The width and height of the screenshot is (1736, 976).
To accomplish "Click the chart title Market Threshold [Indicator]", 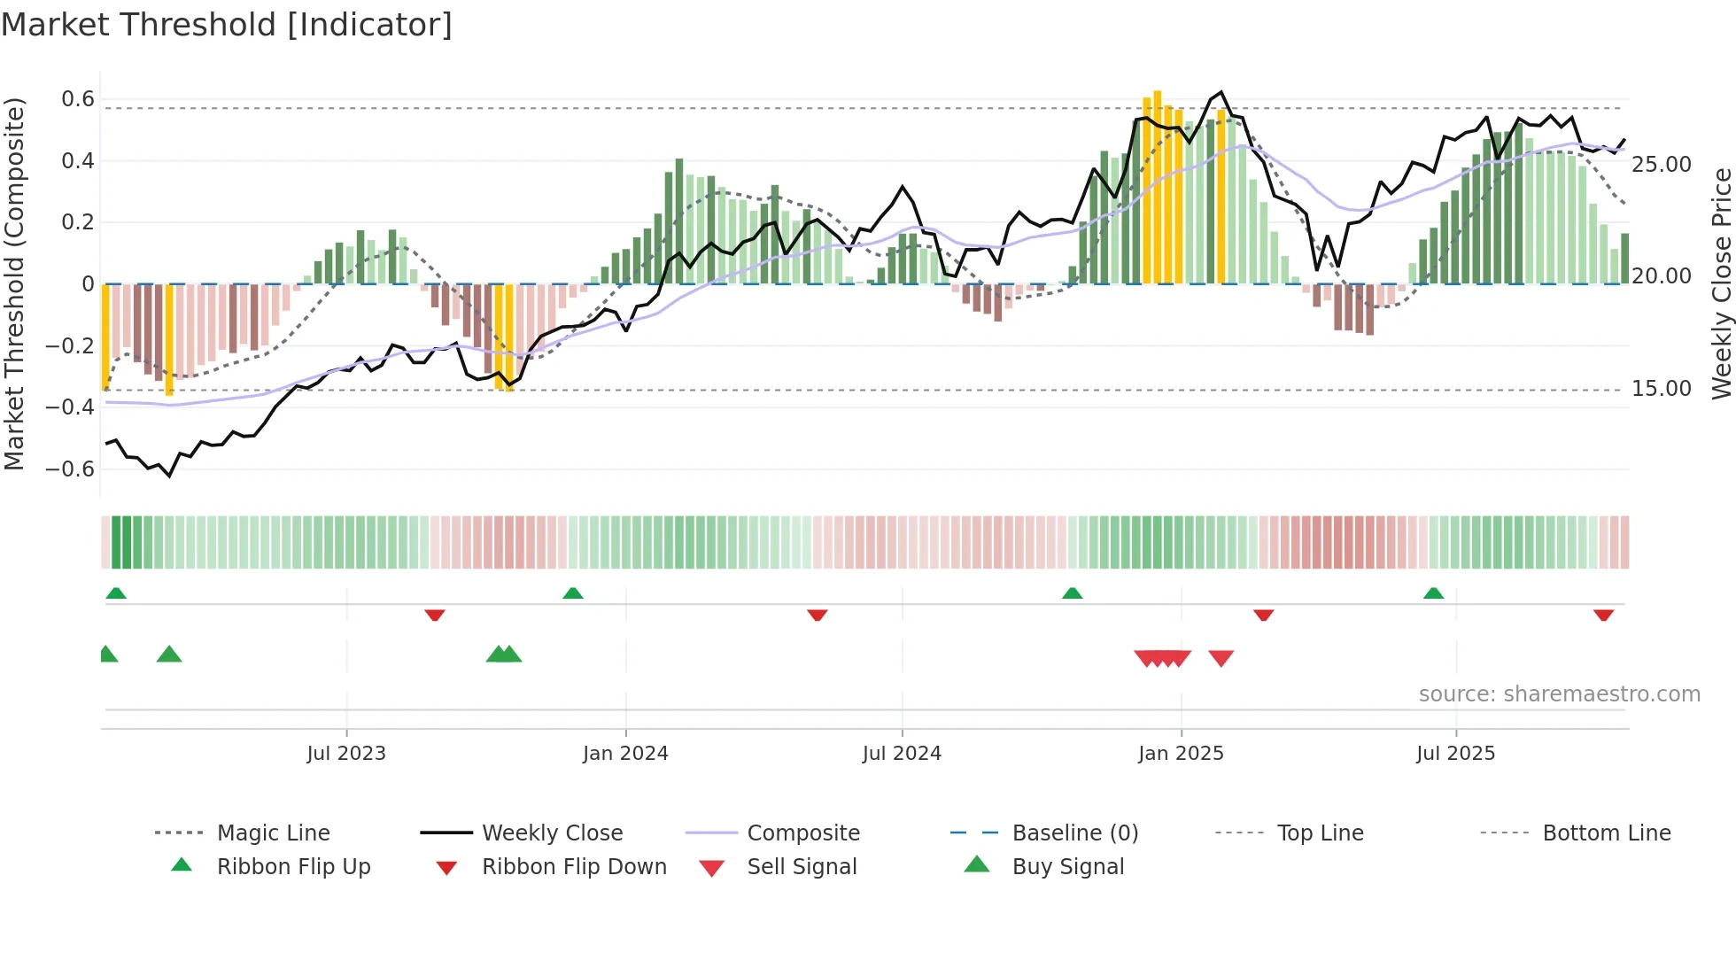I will click(x=227, y=25).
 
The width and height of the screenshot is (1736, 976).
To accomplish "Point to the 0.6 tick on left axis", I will click(x=77, y=99).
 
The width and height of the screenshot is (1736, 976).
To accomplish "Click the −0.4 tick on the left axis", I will click(x=70, y=407).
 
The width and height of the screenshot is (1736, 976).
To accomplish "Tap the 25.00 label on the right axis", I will click(x=1661, y=165).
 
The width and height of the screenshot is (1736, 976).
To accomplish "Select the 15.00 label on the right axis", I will click(x=1661, y=389).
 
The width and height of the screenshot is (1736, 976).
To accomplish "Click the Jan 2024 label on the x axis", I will click(x=625, y=754).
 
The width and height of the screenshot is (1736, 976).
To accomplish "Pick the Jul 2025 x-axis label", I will click(x=1455, y=754).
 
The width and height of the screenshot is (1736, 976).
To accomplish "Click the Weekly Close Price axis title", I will click(x=1721, y=283).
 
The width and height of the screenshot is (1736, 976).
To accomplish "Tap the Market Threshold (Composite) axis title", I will click(x=14, y=283).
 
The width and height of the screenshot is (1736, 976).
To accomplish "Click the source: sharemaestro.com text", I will click(x=1559, y=694).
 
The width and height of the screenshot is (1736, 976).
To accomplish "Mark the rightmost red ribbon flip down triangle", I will click(x=1603, y=615).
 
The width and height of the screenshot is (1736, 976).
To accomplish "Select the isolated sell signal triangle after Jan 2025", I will click(x=1221, y=658).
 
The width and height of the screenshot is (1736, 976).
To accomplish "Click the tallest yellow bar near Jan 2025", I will click(x=1157, y=186).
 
